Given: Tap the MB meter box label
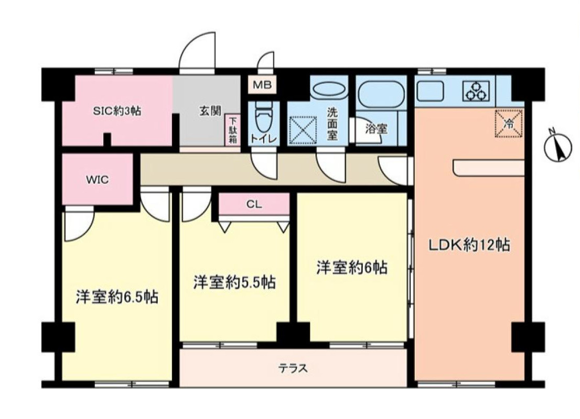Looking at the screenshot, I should pos(262,85).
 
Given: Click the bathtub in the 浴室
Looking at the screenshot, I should pos(380,95).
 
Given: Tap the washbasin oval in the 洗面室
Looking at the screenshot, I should pos(329,90).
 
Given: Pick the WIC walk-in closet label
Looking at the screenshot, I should pos(97,180).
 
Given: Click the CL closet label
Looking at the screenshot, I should pos(254,204).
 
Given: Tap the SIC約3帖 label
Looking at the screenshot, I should pos(117,111).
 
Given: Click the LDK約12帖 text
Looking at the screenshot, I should pos(469,245).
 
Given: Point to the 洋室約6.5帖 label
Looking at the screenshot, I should pos(117,297).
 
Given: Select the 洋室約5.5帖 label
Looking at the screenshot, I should pos(234,282).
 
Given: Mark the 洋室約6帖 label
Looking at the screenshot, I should pos(351,268).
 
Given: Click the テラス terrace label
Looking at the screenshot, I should pos(293,368).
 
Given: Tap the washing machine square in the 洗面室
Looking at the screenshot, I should pos(303,130).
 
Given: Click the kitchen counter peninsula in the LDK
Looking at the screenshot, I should pos(488,168).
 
